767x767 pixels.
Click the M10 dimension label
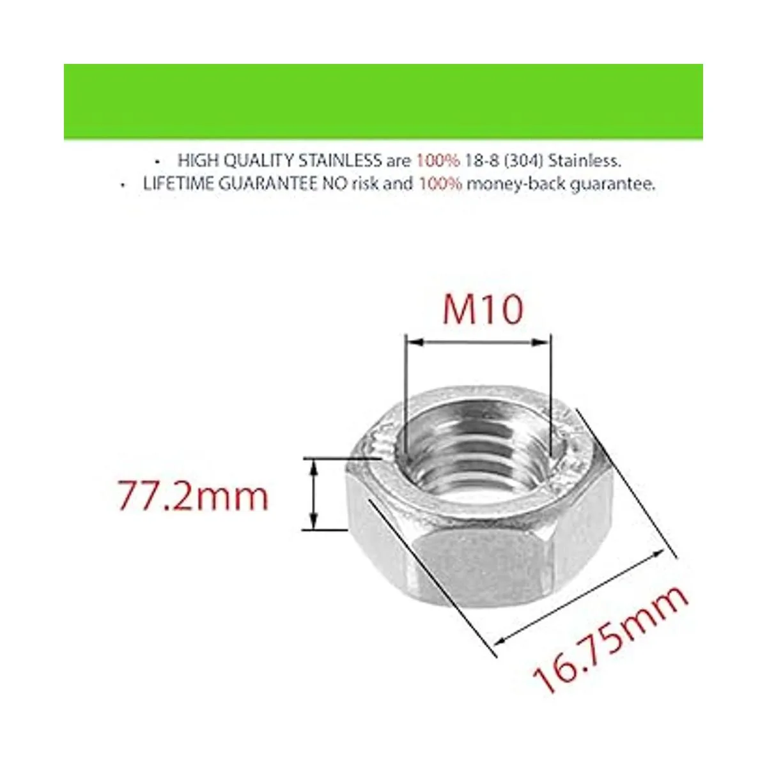483,311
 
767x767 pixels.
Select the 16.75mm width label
611,639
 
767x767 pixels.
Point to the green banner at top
383,101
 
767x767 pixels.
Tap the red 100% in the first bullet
438,160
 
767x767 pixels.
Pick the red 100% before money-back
440,184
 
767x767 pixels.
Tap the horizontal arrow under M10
477,343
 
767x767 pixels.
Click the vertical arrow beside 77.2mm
313,493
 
